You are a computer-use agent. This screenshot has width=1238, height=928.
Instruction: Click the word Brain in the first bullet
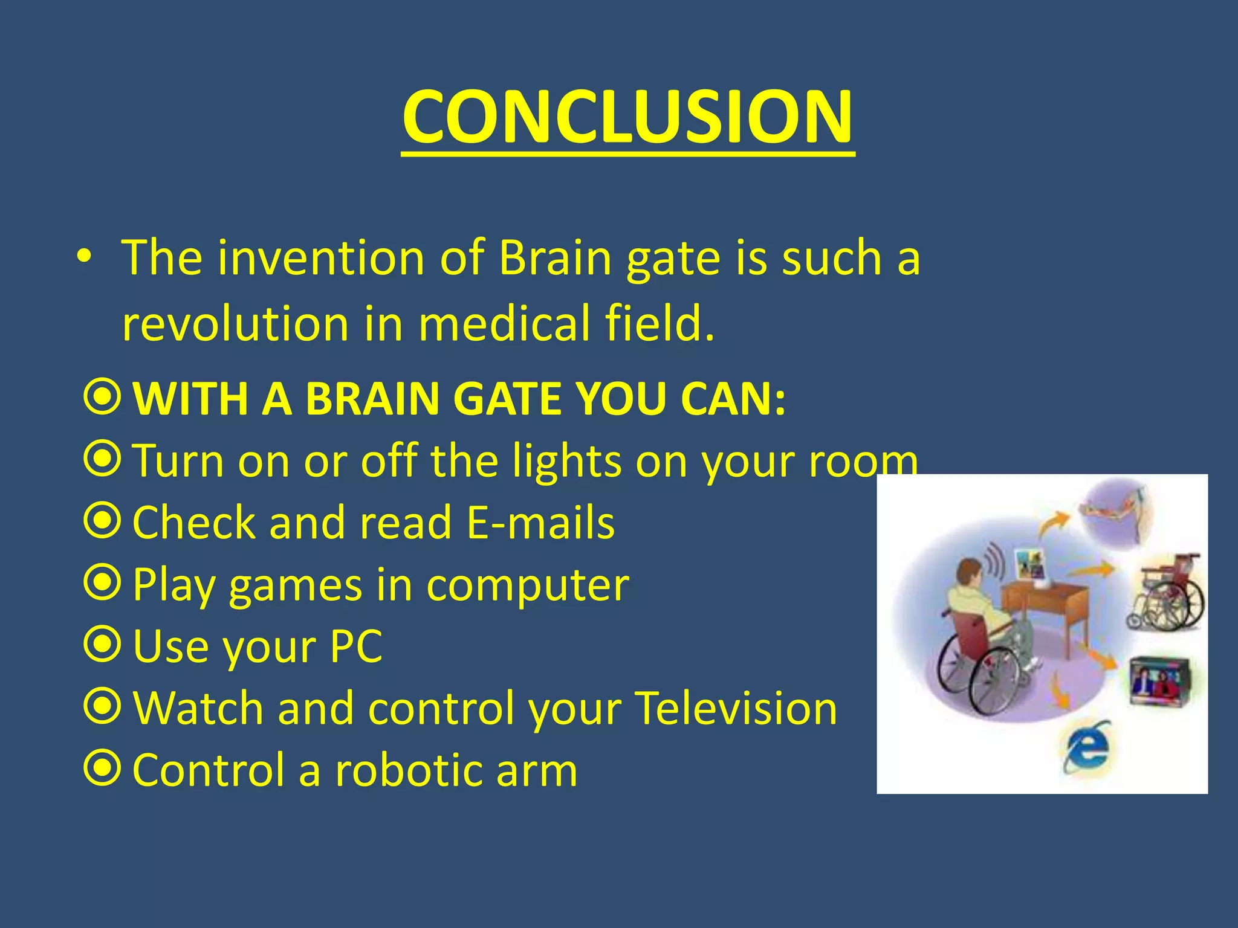(x=556, y=259)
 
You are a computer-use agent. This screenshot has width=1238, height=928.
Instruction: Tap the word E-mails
(x=541, y=523)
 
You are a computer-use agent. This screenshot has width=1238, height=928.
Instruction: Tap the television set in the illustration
(x=1159, y=681)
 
